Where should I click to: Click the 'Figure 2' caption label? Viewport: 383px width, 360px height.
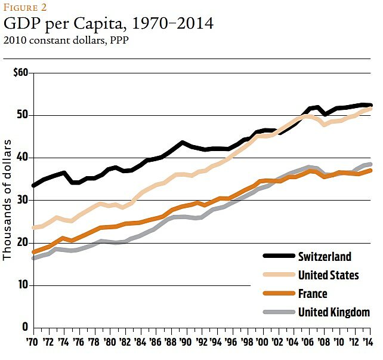(x=24, y=8)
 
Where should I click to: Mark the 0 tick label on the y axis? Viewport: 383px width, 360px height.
(x=24, y=327)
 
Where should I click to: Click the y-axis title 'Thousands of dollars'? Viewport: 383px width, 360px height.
(x=8, y=200)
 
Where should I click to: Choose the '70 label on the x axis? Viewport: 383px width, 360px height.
(x=33, y=343)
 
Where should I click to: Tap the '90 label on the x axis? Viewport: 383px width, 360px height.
(x=185, y=343)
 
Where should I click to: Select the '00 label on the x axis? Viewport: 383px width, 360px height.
(x=261, y=343)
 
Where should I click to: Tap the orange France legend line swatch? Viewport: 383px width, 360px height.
(x=279, y=294)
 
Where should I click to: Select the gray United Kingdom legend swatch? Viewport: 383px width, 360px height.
(x=279, y=312)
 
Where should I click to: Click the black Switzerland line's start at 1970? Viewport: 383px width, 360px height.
(x=34, y=186)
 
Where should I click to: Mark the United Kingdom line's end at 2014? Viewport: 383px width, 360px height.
(x=370, y=164)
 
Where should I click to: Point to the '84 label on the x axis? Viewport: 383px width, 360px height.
(x=140, y=343)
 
